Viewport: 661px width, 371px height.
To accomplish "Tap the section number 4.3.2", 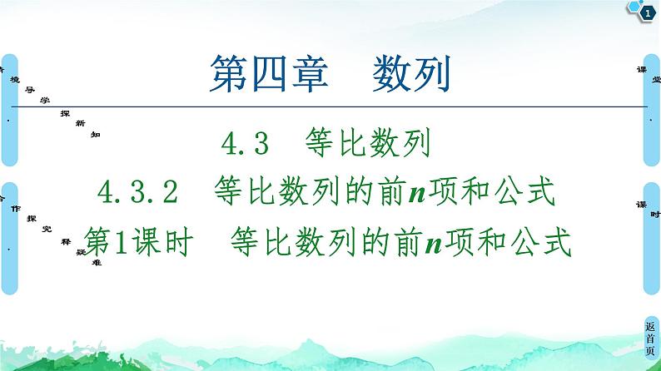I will point(139,193).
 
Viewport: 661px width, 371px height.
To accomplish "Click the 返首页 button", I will point(650,339).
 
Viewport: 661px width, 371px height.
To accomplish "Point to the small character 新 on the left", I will point(80,122).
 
